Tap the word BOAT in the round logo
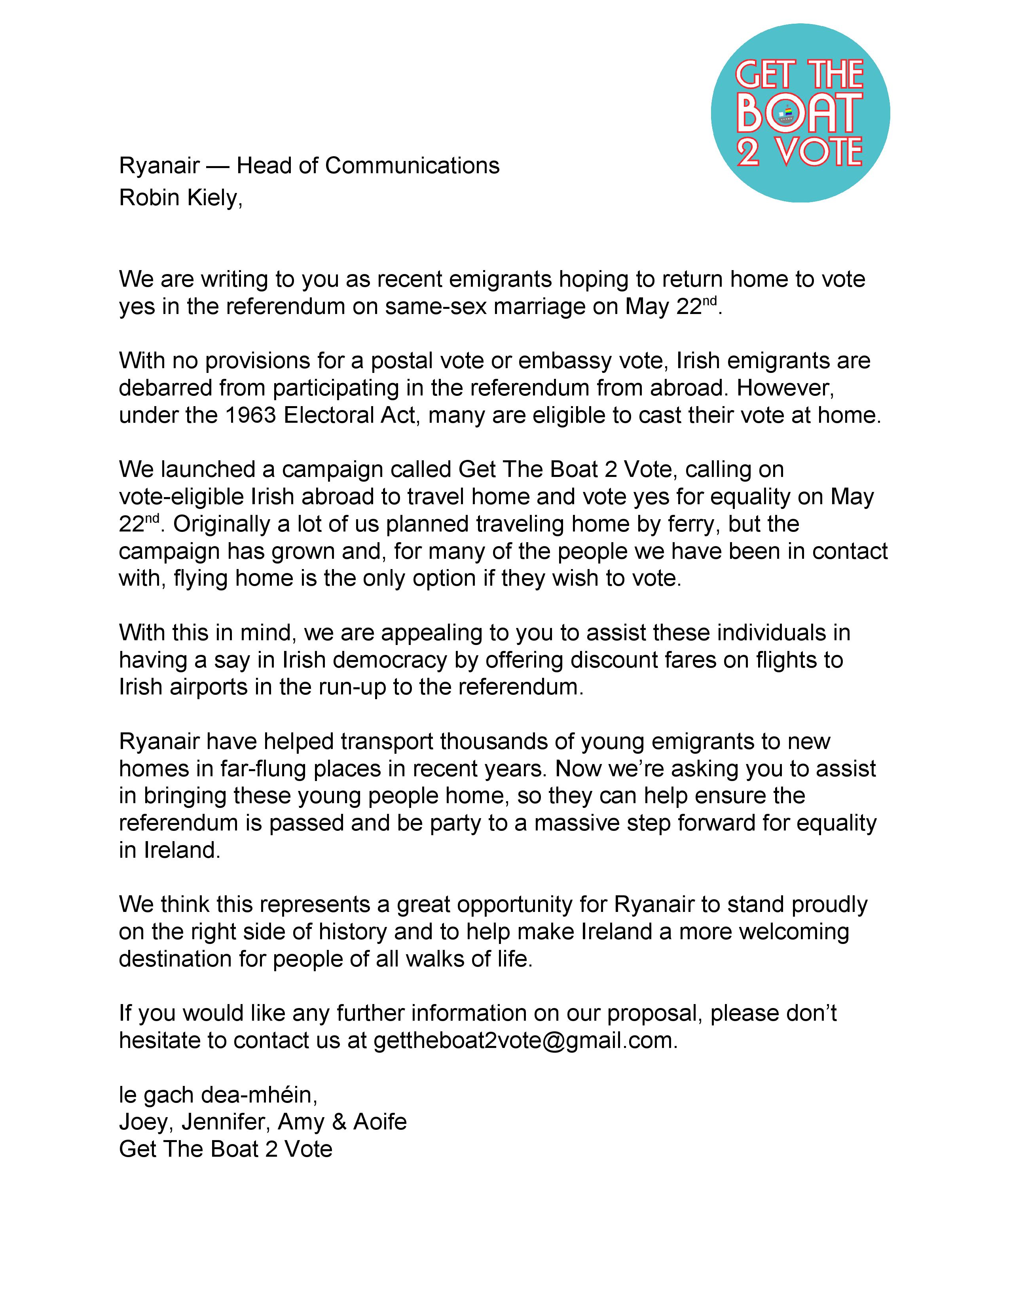799,113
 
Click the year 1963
250,415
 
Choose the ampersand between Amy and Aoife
339,1122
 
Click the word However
785,388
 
